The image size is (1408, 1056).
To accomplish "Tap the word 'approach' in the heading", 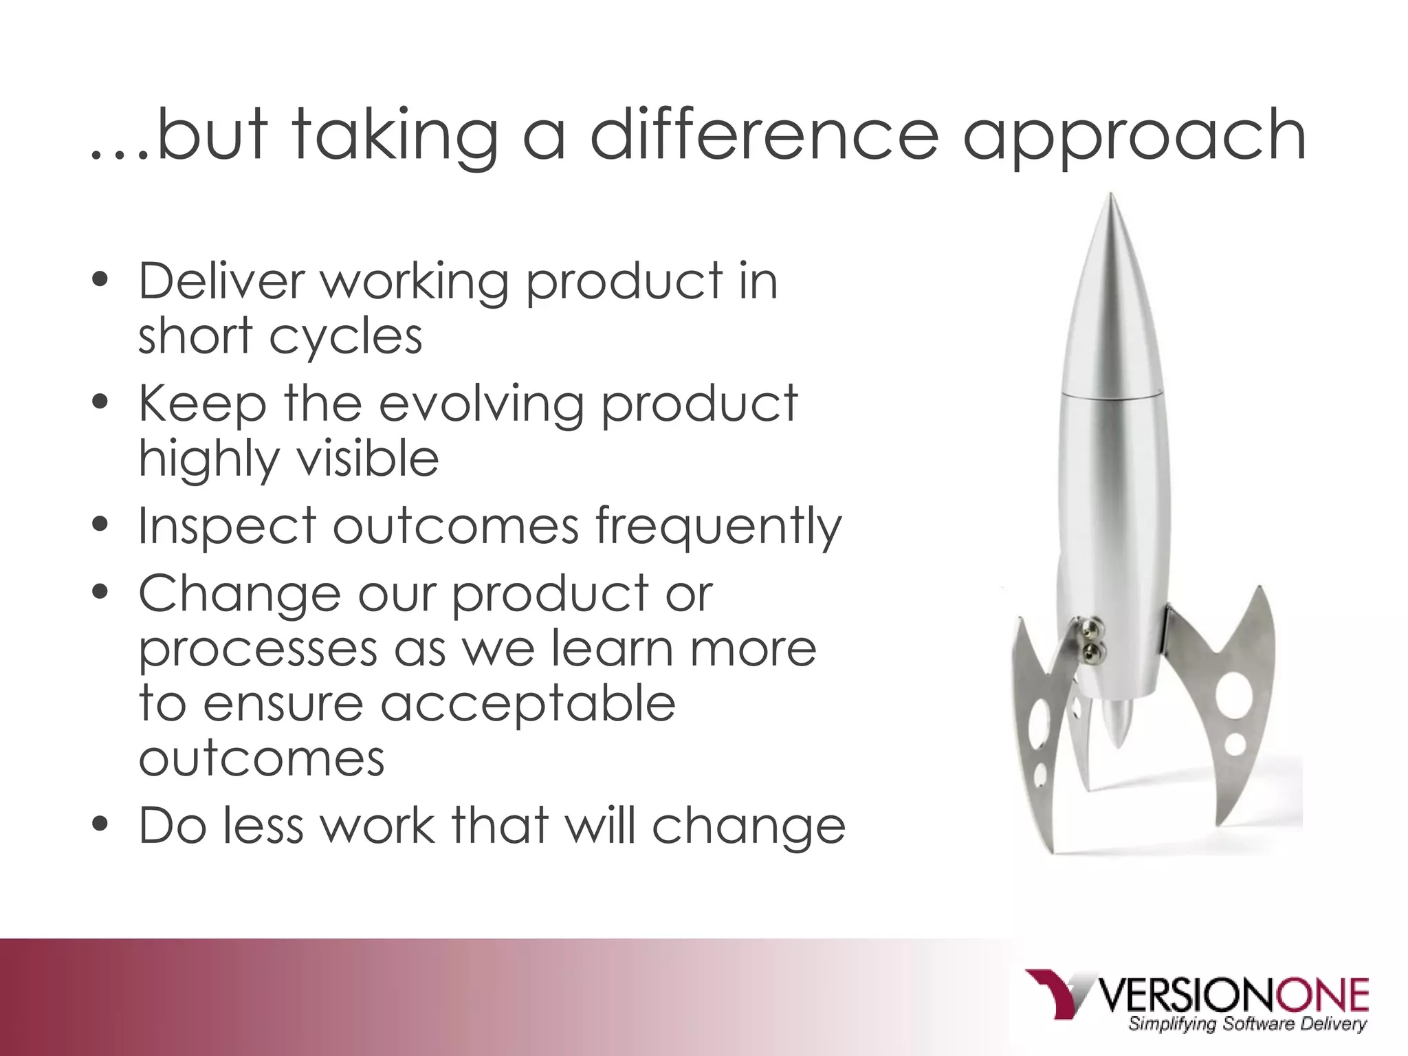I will tap(1134, 137).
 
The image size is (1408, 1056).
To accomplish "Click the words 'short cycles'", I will tap(280, 337).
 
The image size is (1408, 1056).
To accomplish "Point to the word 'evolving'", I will tap(481, 404).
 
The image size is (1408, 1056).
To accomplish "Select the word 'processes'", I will tap(258, 650).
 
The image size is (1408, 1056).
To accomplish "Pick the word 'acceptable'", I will tap(528, 705).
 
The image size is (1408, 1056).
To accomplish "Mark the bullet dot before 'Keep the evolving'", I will tap(100, 402).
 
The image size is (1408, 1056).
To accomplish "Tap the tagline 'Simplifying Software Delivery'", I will tap(1247, 1024).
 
